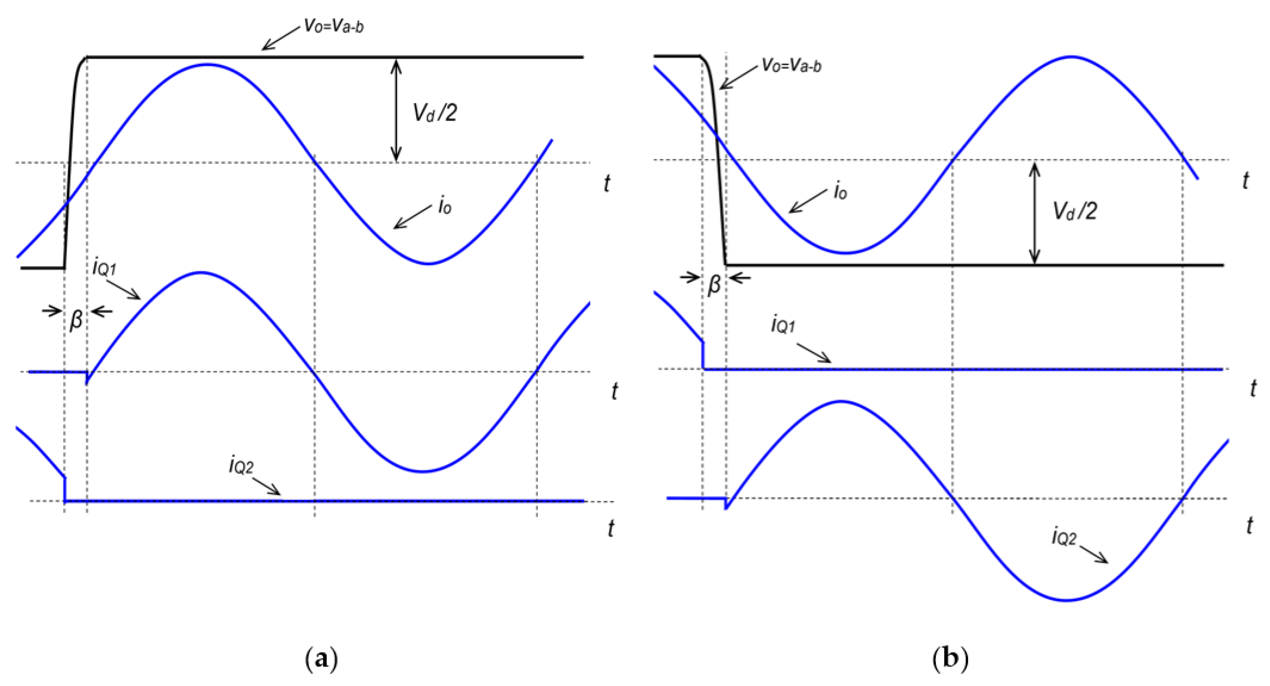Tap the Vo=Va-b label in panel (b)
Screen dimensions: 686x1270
coord(791,65)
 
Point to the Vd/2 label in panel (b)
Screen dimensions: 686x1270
coord(1075,211)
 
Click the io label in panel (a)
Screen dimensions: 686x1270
coord(444,206)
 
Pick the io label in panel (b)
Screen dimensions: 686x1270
coord(840,191)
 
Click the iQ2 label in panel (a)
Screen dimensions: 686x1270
coord(241,466)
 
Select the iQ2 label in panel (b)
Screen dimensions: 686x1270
coord(1064,537)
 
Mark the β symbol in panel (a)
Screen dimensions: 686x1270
coord(76,320)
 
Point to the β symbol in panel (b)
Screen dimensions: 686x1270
coord(714,285)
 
